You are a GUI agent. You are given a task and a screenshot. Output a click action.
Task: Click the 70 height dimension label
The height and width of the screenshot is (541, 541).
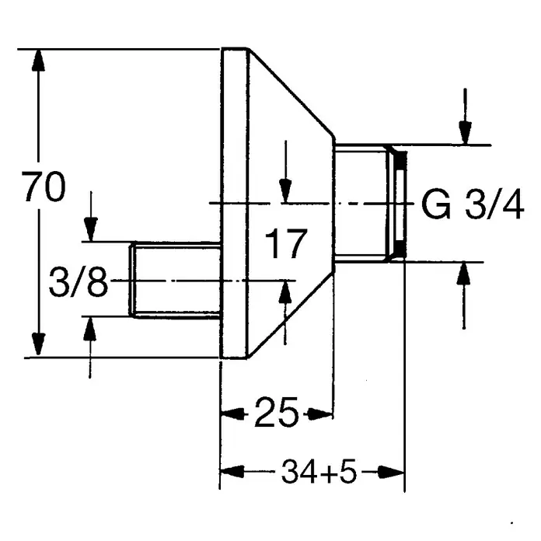44,187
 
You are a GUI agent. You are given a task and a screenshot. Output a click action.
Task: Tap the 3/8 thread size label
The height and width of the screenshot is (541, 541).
79,282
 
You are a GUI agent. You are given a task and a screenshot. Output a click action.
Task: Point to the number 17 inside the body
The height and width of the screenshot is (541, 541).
286,243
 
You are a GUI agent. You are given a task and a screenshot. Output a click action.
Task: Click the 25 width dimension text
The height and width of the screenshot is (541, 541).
277,412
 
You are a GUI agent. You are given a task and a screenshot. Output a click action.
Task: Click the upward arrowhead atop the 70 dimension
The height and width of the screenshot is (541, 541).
38,61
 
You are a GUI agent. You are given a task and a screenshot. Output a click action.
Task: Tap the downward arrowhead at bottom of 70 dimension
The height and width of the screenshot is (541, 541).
38,344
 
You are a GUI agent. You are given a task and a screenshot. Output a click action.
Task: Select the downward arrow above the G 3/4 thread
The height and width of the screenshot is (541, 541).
465,117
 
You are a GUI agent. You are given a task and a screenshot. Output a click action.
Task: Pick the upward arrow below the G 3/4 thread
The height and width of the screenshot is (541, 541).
463,295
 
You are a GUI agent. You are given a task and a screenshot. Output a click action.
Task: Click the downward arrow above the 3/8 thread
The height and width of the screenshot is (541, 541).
91,216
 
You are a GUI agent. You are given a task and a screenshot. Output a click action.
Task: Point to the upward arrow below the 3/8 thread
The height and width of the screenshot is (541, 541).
90,347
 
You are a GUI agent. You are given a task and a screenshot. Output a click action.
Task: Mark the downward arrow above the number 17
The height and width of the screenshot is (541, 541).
285,172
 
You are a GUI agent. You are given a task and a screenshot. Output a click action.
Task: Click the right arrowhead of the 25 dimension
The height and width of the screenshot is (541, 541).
320,414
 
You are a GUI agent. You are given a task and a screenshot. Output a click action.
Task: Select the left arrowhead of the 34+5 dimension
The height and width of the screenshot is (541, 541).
232,472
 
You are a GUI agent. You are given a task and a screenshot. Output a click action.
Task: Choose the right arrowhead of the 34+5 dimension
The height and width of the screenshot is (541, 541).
391,472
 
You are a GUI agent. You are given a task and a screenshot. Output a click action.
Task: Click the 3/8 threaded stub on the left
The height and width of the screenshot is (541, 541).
175,280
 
